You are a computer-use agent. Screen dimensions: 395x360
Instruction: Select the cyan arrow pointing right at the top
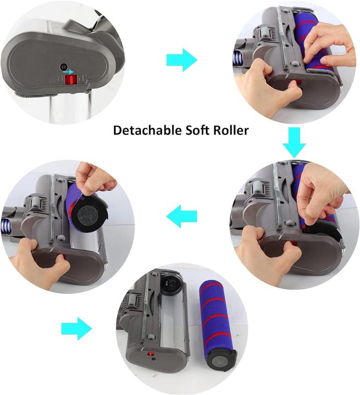tap(181, 59)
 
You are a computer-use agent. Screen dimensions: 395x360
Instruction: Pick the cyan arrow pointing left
tap(181, 216)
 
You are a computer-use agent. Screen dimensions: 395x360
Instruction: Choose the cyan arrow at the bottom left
tap(76, 329)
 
